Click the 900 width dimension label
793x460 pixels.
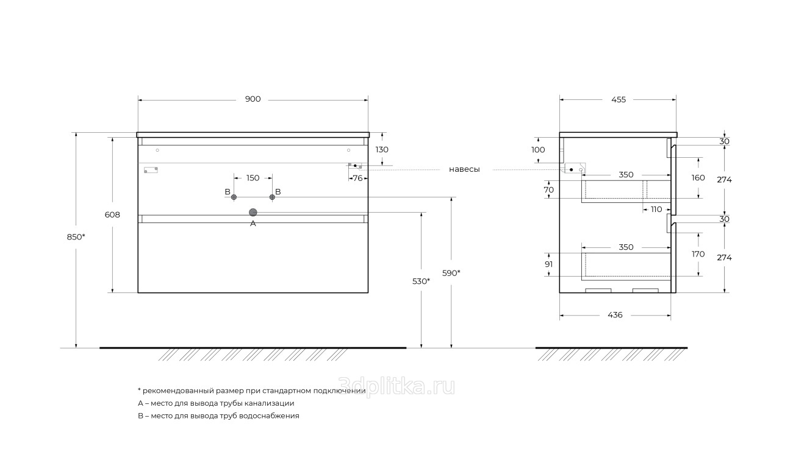253,99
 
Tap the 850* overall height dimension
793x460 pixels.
76,237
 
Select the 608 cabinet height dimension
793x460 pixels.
112,214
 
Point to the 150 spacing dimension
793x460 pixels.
253,178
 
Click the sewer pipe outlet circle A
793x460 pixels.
253,212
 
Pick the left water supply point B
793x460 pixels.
234,197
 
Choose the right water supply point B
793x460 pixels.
272,197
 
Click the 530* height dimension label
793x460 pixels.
422,281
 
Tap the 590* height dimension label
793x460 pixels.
451,273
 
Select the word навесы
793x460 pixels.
464,169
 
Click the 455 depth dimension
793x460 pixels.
619,100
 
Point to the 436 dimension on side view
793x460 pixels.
615,315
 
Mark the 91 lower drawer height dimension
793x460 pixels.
549,264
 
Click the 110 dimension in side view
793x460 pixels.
656,210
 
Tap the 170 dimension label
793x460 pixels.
698,254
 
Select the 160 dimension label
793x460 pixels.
698,177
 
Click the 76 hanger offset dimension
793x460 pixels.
358,178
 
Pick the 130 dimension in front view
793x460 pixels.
382,149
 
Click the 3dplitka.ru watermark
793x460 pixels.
396,387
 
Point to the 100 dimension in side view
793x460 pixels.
538,149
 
